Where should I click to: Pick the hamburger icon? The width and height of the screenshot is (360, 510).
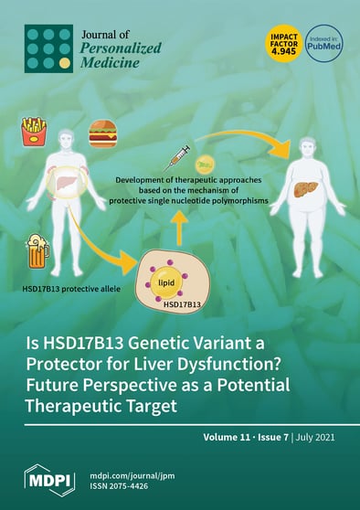[x=102, y=134]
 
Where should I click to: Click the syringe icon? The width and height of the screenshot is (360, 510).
[x=180, y=152]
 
